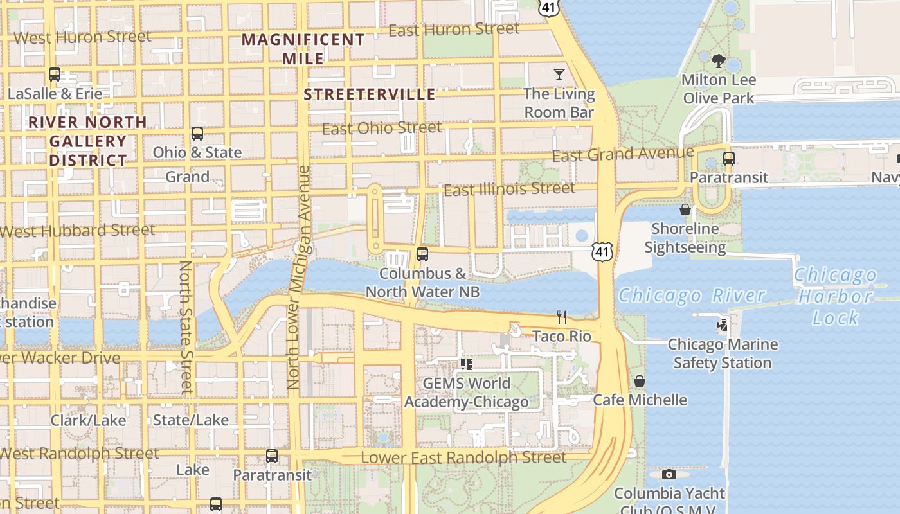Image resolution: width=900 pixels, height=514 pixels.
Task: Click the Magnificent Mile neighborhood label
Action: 303,48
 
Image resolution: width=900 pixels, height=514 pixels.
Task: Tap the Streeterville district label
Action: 370,94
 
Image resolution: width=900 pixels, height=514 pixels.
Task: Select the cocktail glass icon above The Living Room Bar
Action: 559,75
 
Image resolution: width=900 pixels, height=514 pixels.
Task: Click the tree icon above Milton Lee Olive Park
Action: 719,62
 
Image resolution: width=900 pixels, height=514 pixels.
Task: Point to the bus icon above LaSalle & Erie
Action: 55,75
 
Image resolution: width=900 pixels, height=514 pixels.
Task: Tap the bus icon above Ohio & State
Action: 197,134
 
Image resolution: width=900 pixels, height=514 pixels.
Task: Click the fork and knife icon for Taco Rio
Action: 562,317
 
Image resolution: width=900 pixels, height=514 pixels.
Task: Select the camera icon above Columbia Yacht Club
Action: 669,475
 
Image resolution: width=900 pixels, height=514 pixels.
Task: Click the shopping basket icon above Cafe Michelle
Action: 640,381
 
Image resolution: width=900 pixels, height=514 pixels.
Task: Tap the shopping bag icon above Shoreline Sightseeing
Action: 685,209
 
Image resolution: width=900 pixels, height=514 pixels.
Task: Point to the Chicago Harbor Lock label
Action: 835,296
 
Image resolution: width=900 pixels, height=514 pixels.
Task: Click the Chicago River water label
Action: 692,296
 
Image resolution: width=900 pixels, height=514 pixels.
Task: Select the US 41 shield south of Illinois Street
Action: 602,251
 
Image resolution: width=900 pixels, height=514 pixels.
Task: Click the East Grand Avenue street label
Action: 623,154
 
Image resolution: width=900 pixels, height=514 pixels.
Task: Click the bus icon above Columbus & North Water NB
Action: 422,254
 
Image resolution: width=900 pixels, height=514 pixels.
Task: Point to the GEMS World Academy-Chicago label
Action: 467,393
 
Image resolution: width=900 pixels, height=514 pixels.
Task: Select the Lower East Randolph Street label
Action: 464,457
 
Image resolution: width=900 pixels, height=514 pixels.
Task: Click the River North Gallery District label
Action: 87,141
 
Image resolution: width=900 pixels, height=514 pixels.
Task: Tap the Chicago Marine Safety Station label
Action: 723,353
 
